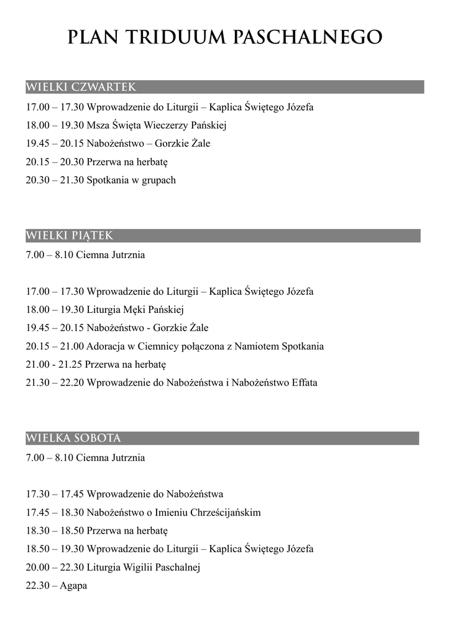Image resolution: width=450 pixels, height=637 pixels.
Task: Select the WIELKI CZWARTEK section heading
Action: coord(81,86)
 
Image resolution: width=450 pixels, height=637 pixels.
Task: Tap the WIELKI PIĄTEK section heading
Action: coord(69,236)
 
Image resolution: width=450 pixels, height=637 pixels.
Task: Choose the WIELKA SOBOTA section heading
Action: coord(73,438)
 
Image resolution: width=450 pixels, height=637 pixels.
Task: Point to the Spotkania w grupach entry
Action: coord(131,180)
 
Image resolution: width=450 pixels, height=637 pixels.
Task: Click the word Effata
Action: coord(304,383)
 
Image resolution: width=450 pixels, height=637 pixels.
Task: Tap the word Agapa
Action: coord(73,585)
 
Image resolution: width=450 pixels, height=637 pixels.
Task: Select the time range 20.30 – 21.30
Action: coord(55,180)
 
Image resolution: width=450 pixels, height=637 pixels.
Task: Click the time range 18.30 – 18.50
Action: coord(55,531)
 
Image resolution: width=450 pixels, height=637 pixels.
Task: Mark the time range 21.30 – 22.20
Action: coord(55,383)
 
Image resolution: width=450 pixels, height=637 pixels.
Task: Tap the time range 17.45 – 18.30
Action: coord(55,513)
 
